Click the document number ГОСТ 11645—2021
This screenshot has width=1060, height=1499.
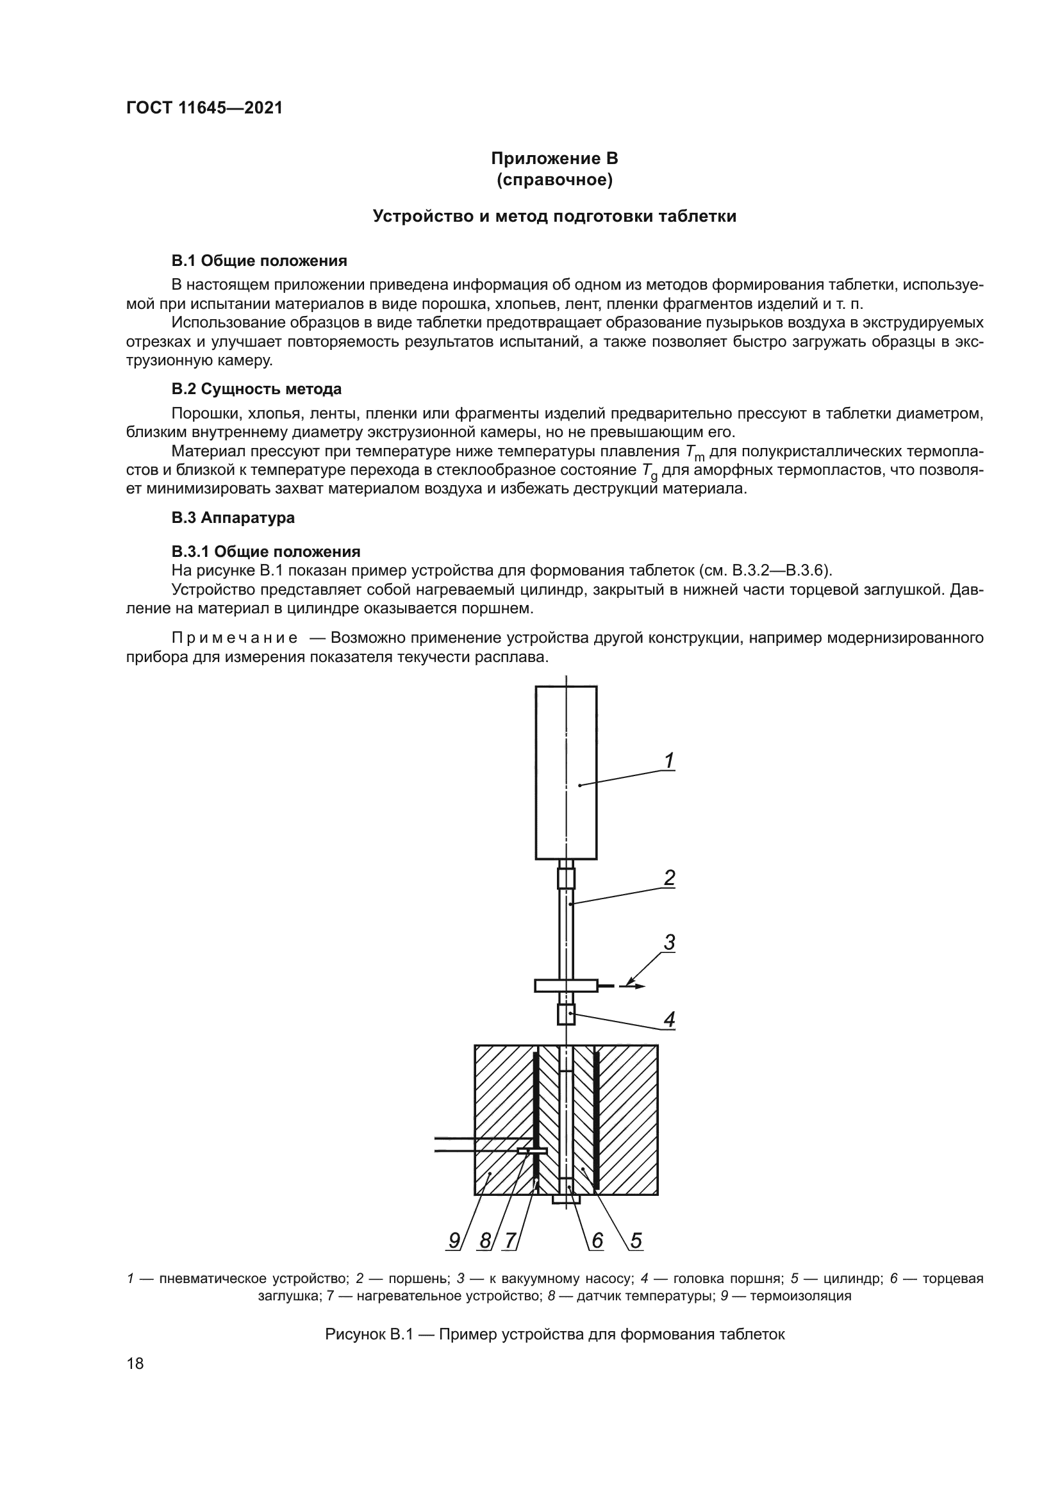(204, 108)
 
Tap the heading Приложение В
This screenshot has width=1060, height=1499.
(554, 159)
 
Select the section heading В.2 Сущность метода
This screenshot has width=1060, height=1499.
(256, 389)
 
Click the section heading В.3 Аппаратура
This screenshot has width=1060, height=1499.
(233, 518)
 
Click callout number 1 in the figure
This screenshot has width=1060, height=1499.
(669, 761)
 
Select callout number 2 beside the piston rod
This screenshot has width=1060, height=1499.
(669, 878)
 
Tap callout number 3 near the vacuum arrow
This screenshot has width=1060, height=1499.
(669, 943)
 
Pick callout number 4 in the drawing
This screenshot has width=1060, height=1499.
(669, 1019)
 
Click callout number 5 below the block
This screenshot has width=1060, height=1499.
(636, 1241)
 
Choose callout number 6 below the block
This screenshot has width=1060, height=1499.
(597, 1241)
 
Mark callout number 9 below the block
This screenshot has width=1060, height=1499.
(454, 1241)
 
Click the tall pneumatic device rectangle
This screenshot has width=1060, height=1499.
(566, 772)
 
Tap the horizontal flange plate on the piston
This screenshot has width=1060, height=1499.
(565, 985)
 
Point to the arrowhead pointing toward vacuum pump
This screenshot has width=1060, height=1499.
(640, 986)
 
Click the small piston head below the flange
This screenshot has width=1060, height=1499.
(566, 1015)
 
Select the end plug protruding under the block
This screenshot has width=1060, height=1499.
(566, 1199)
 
